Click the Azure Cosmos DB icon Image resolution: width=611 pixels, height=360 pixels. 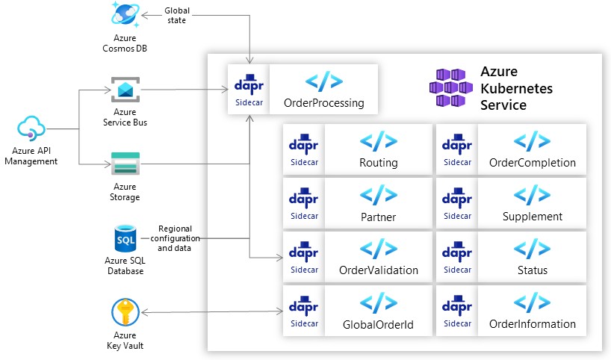tap(125, 15)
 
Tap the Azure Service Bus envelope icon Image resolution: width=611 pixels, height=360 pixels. tap(125, 90)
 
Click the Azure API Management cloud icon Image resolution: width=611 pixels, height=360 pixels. tap(31, 127)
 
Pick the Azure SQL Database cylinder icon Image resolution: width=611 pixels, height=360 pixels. tap(125, 239)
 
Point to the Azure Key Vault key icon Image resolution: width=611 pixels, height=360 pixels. tap(125, 311)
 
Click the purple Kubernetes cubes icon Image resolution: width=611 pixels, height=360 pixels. tap(450, 87)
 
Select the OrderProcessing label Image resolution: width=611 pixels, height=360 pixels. tap(323, 103)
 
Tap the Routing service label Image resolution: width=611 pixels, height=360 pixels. tap(378, 163)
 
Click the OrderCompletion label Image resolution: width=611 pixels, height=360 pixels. tap(532, 163)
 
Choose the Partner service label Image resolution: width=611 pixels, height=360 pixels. tap(378, 217)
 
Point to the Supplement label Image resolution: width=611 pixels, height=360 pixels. tap(532, 217)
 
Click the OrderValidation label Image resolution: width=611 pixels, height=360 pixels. tap(378, 270)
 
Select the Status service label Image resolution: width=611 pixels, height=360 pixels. tap(532, 270)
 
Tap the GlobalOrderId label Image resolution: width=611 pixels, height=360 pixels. tap(378, 324)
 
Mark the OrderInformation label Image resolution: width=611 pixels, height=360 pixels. tap(532, 324)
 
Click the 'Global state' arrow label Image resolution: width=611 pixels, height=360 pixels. tap(176, 16)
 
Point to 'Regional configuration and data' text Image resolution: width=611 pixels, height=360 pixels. tap(176, 238)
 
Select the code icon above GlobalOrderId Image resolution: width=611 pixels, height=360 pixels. tap(378, 302)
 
